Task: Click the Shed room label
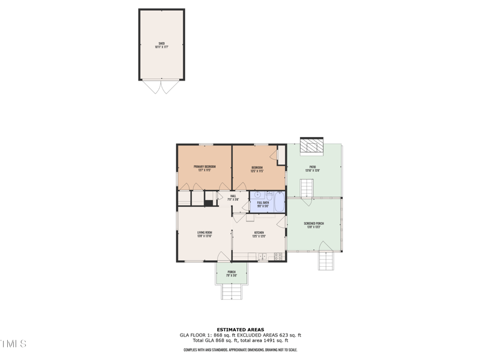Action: point(162,45)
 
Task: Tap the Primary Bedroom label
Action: point(204,168)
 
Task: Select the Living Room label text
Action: point(204,234)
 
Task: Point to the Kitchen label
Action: point(259,234)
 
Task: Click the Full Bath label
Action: point(263,204)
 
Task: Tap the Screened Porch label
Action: point(313,225)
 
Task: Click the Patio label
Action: point(313,168)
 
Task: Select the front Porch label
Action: point(231,273)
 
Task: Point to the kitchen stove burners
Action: point(278,257)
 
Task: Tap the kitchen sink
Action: point(262,257)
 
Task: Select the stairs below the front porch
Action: point(231,292)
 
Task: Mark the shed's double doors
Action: point(161,87)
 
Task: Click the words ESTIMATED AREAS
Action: point(240,329)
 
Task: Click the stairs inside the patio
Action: point(307,190)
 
